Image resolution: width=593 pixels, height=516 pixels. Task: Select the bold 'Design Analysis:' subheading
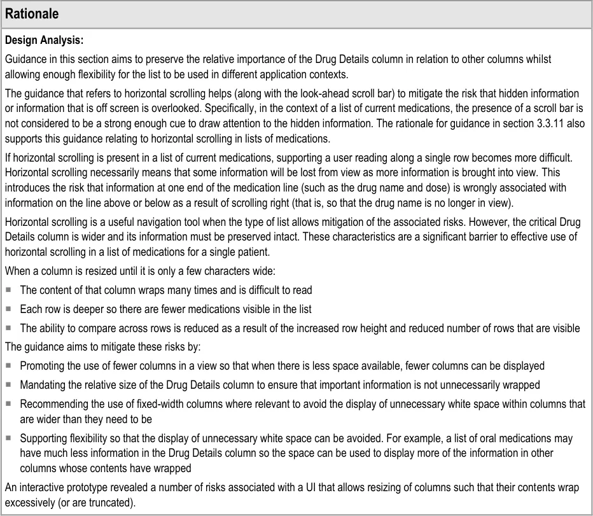click(x=44, y=41)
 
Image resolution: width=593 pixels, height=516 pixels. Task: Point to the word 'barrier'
click(x=431, y=237)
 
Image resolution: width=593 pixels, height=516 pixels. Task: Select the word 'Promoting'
click(x=42, y=366)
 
